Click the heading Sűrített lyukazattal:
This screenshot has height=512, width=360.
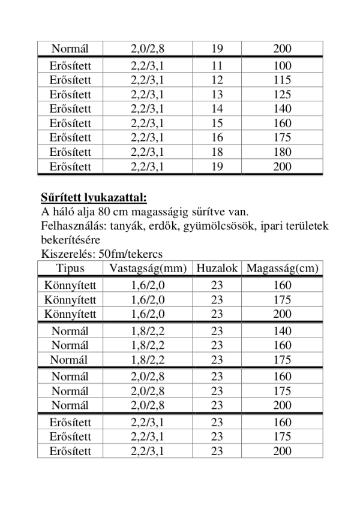(93, 197)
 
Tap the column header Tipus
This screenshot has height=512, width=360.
(70, 268)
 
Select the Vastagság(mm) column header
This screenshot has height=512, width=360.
(147, 268)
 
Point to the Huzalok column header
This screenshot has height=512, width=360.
(217, 268)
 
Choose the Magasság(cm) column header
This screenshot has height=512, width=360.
(282, 268)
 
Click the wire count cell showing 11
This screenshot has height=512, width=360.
(217, 65)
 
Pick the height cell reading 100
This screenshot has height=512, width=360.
(281, 65)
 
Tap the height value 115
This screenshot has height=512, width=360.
(281, 80)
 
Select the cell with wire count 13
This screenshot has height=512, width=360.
(217, 94)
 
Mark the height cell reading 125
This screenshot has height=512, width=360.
(281, 94)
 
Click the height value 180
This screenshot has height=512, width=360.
(281, 152)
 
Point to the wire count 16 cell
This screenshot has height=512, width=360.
(217, 138)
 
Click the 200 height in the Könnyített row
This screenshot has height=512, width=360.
(281, 314)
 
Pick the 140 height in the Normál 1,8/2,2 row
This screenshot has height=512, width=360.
(281, 331)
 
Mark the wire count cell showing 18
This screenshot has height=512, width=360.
(217, 152)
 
